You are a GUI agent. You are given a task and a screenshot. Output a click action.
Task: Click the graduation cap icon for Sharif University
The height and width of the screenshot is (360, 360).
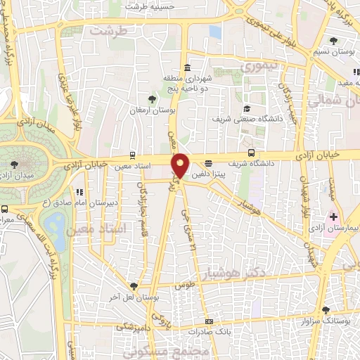246,108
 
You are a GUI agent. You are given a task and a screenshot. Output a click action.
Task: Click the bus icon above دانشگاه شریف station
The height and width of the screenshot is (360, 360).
252,153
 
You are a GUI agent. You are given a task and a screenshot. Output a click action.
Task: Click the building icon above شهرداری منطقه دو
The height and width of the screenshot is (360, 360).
188,68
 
